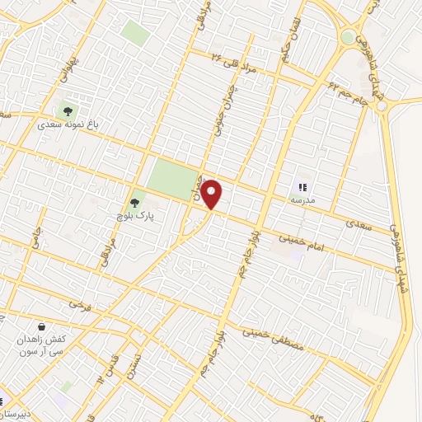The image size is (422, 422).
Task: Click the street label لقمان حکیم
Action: [x=291, y=26]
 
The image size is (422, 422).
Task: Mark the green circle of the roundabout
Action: [x=349, y=37]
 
